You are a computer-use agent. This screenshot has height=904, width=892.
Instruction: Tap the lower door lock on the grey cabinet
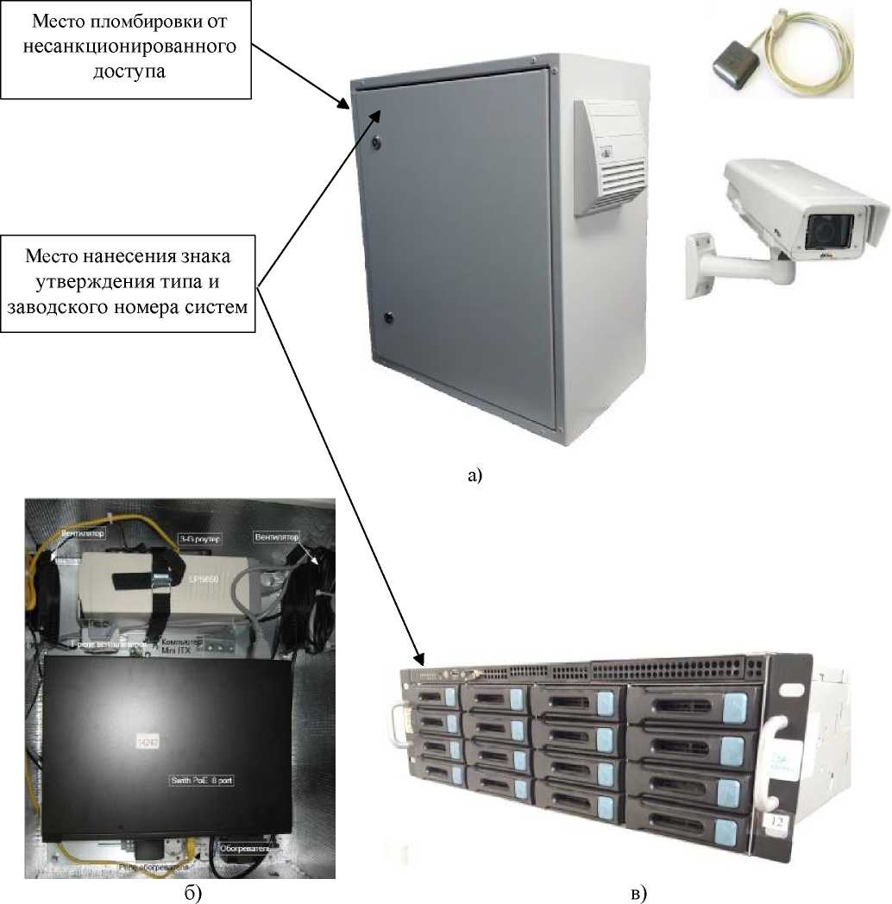(x=386, y=317)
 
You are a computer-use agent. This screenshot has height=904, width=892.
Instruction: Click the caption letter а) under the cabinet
(x=475, y=474)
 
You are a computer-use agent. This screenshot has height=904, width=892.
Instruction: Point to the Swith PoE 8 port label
(x=202, y=779)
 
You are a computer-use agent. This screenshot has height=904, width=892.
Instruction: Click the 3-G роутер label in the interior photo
(x=199, y=540)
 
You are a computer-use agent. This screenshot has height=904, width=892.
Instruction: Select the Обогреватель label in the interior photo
(x=246, y=849)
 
